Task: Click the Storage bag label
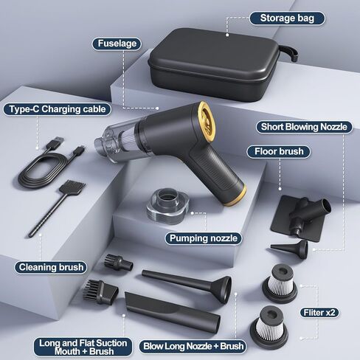coord(287,18)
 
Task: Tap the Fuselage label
coord(117,44)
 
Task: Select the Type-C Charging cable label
coord(58,109)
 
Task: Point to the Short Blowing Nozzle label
coord(304,127)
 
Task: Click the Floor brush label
coord(279,151)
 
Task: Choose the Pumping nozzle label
coord(204,238)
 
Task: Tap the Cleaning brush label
coord(51,267)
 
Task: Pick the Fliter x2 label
coord(319,313)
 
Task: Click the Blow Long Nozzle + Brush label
coord(193,346)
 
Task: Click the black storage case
coord(216,65)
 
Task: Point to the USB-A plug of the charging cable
coord(55,143)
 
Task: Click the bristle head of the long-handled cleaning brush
coord(72,187)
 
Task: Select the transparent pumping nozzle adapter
coord(168,206)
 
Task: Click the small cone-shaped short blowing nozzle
coord(290,249)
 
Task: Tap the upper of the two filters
coord(280,283)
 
